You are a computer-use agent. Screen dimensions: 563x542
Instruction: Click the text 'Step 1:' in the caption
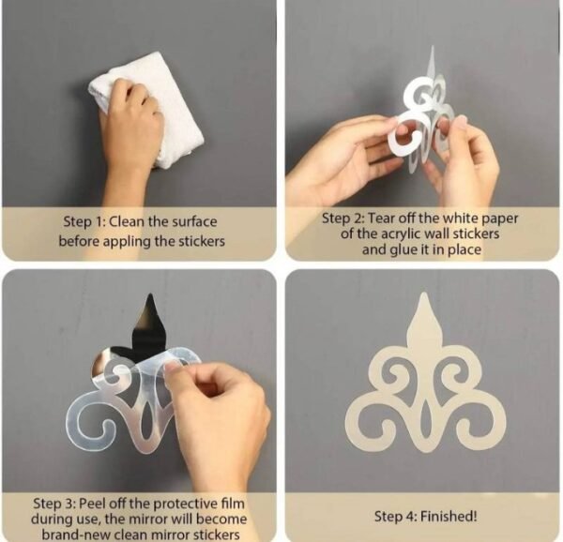[x=84, y=222]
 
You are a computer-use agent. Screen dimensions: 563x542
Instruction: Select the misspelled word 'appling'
[x=127, y=241]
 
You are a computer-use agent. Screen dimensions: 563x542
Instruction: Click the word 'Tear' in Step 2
[x=384, y=218]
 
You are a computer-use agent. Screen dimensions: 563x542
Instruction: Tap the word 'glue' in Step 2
[x=403, y=249]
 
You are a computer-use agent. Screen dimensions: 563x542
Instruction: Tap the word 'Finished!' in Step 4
[x=449, y=517]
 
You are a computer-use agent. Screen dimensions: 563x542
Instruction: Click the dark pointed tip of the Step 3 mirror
[x=149, y=294]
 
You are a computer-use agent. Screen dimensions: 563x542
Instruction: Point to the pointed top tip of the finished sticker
[x=424, y=294]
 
